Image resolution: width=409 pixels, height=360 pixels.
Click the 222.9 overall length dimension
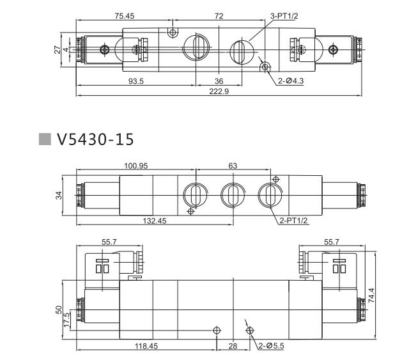(219, 91)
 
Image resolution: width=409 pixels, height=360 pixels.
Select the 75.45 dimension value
(125, 16)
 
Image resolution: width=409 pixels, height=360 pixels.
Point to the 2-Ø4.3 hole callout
(291, 81)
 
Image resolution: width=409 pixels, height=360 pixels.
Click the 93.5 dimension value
(135, 81)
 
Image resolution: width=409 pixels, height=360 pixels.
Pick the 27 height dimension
(58, 49)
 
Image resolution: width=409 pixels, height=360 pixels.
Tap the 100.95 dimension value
(135, 166)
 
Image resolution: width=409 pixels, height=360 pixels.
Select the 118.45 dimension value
(146, 346)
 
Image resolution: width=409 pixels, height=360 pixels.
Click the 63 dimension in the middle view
(232, 166)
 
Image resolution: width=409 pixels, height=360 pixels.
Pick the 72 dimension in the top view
(219, 16)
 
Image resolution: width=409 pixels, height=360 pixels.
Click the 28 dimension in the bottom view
(233, 346)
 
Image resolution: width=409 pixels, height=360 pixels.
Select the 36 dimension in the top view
(219, 81)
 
